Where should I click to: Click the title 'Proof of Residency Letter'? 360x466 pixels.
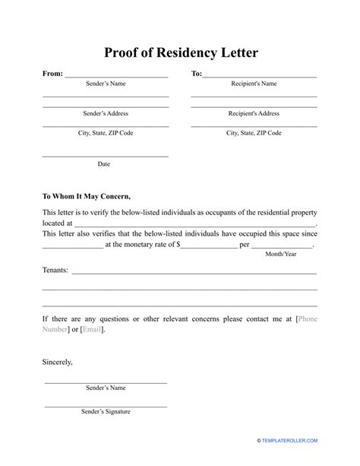coord(179,53)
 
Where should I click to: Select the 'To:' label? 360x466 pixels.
coord(196,74)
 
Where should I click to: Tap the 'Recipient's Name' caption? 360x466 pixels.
coord(254,84)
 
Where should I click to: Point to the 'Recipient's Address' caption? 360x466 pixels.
coord(254,113)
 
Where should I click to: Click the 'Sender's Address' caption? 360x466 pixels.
coord(105,113)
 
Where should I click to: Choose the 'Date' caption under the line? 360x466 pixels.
coord(104,163)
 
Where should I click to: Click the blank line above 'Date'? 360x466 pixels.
coord(105,156)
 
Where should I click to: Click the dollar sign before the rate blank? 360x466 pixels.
coord(178,245)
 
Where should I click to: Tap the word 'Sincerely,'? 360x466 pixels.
coord(58,363)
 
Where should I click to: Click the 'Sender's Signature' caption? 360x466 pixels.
coord(106,412)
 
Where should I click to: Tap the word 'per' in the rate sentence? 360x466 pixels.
coord(245,245)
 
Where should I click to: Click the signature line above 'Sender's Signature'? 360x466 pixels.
coord(106,404)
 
